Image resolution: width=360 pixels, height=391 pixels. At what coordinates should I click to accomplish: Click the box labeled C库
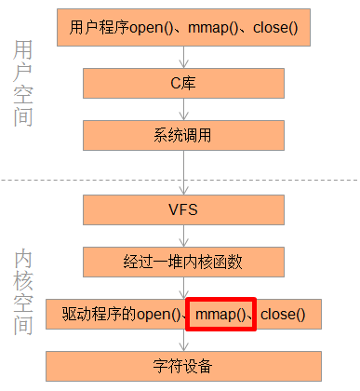coord(183,82)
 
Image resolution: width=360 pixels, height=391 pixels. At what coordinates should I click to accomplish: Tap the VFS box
coord(183,209)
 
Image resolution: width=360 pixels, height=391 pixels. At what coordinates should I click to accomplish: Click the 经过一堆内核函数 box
coord(183,262)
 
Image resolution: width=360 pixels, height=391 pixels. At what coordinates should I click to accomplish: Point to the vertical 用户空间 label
coord(24,84)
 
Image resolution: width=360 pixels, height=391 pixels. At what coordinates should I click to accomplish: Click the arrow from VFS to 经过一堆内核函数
coord(183,236)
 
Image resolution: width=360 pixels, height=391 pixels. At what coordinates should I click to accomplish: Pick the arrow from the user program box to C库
coord(183,56)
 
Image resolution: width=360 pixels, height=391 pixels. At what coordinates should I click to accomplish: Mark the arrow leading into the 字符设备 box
coord(183,340)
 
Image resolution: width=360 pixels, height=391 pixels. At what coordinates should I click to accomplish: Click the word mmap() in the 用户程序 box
coord(218,29)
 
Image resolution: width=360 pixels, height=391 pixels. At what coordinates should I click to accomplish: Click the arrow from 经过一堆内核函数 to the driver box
coord(183,288)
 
